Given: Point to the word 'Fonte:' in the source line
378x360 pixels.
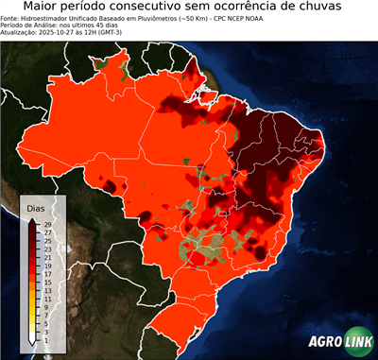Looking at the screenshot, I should (x=10, y=17).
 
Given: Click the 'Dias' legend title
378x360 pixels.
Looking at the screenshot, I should (x=35, y=208).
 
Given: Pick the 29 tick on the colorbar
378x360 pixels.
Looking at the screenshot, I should (x=45, y=224).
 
